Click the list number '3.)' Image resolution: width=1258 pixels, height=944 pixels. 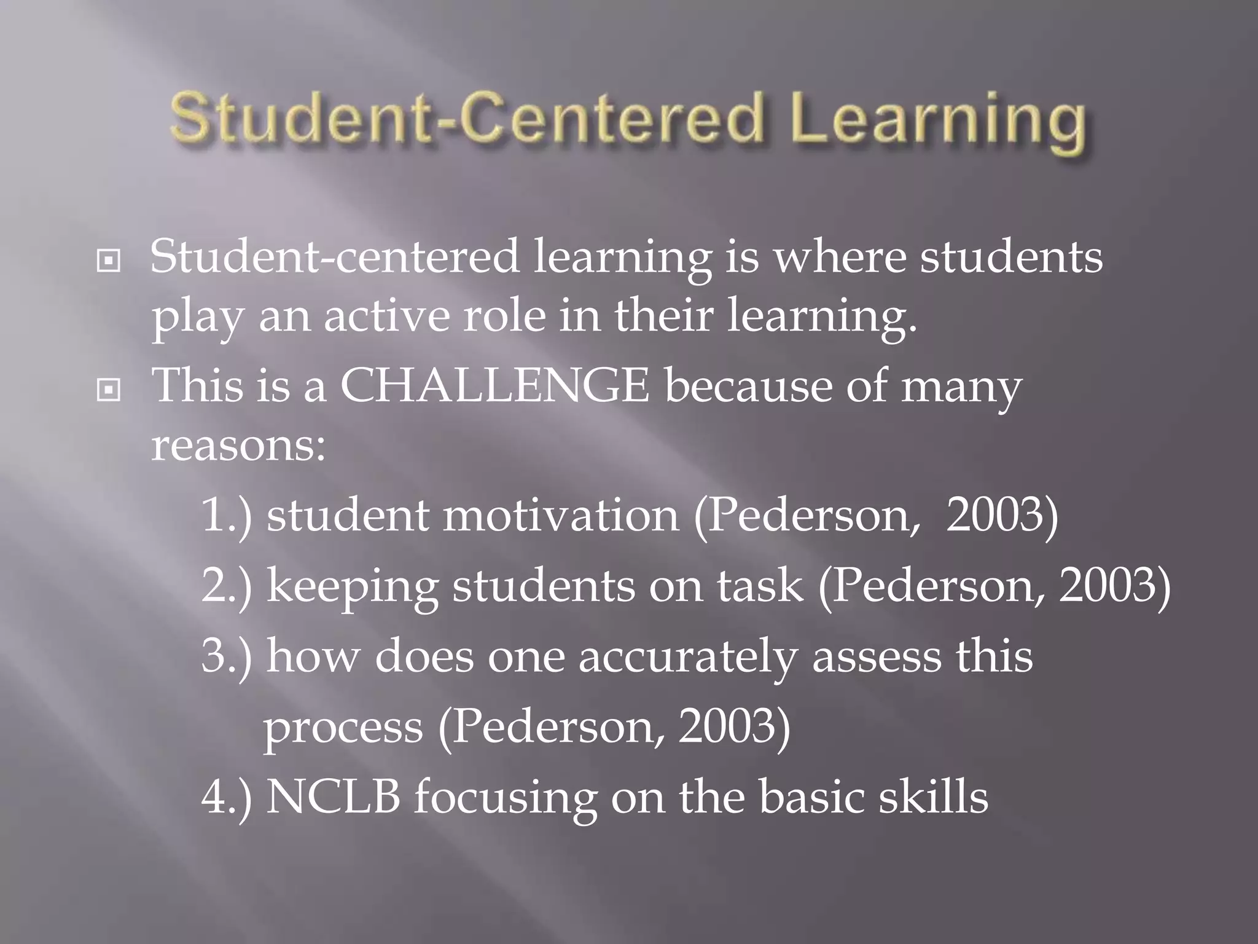pyautogui.click(x=226, y=656)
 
